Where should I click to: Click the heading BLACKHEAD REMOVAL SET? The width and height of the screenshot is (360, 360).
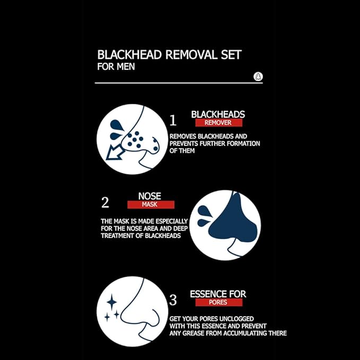pyautogui.click(x=170, y=55)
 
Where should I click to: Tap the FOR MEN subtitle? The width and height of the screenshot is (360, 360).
pyautogui.click(x=116, y=67)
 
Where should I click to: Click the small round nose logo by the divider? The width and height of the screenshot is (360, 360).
pyautogui.click(x=258, y=76)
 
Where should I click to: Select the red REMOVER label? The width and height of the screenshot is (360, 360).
pyautogui.click(x=218, y=122)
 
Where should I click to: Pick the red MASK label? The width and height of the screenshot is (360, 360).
pyautogui.click(x=150, y=204)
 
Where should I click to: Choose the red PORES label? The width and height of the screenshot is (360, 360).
pyautogui.click(x=218, y=302)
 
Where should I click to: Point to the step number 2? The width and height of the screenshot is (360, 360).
pyautogui.click(x=105, y=203)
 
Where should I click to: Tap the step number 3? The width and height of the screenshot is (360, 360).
pyautogui.click(x=172, y=300)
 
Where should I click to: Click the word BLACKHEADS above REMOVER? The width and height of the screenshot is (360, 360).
pyautogui.click(x=218, y=114)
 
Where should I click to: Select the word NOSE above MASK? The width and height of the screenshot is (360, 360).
pyautogui.click(x=150, y=195)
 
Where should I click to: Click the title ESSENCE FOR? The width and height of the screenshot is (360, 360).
pyautogui.click(x=218, y=294)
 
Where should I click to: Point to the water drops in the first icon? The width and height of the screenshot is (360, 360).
pyautogui.click(x=116, y=127)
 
